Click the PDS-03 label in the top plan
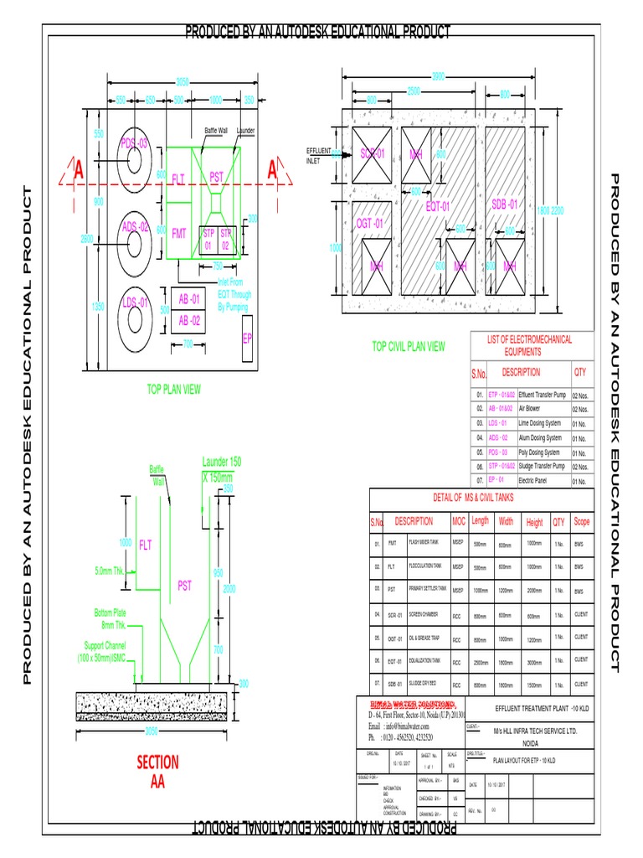pos(134,143)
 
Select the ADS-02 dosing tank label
pos(135,227)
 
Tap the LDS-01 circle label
pos(135,302)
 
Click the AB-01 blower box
pos(188,299)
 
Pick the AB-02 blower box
pos(188,320)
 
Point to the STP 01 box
pos(208,240)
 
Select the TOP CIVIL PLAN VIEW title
pos(409,346)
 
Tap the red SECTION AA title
pos(157,772)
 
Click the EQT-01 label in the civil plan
pos(438,206)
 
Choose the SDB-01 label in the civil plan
pos(505,204)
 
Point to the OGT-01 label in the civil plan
pos(369,223)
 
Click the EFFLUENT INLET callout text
pos(315,155)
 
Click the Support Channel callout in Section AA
pos(108,651)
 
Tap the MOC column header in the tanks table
pos(458,521)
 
